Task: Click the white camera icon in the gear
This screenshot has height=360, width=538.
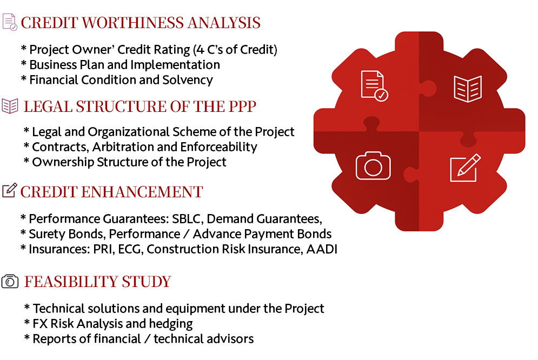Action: coord(373,166)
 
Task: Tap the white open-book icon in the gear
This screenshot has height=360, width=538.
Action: coord(468,89)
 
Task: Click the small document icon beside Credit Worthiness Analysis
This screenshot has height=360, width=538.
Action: coord(10,22)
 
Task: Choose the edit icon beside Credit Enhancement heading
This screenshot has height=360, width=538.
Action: coord(9,190)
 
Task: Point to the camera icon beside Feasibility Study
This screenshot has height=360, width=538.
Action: coord(10,281)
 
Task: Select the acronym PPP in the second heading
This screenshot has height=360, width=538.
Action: coord(239,106)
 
